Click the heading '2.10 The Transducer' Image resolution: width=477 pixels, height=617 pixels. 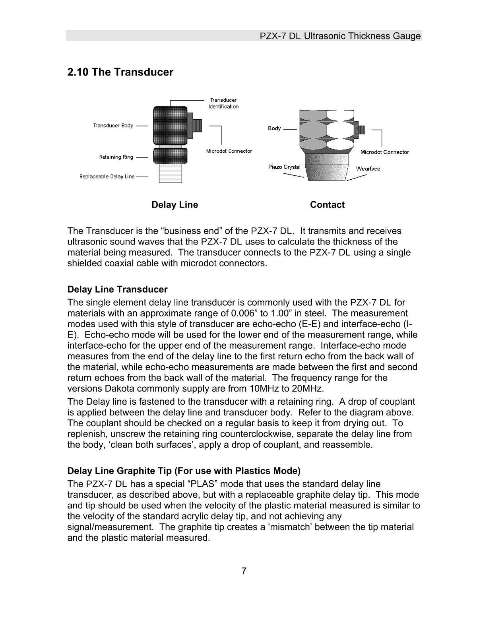click(x=120, y=72)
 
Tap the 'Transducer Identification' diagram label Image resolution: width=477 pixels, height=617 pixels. click(x=223, y=103)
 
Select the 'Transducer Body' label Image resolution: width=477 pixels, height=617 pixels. click(x=113, y=126)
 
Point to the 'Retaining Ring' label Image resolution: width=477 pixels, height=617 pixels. click(x=116, y=157)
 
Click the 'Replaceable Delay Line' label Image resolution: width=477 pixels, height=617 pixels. click(x=107, y=177)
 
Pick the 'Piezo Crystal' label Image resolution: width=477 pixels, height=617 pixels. click(x=284, y=167)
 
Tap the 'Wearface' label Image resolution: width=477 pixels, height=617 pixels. click(x=368, y=169)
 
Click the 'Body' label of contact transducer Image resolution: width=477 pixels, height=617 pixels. click(x=274, y=128)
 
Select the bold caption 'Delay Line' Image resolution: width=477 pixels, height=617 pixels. click(x=175, y=205)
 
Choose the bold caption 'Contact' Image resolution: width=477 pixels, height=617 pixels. click(x=327, y=205)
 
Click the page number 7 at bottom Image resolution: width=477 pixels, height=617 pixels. click(x=244, y=571)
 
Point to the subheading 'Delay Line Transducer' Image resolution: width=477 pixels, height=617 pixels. click(x=117, y=289)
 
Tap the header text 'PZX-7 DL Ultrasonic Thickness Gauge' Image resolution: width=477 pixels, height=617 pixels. click(x=340, y=36)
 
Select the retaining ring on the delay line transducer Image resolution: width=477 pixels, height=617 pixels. click(x=170, y=155)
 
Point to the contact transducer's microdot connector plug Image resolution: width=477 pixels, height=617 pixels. click(x=361, y=130)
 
